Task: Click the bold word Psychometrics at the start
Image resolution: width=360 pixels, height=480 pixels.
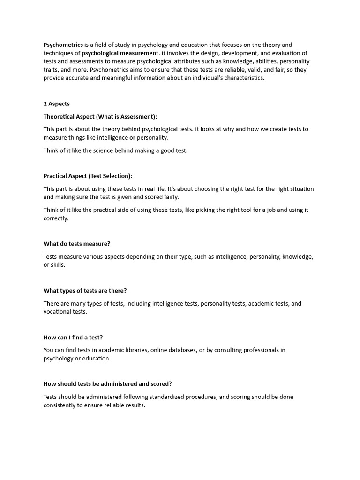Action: tap(63, 45)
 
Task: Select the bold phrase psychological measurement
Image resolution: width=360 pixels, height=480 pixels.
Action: tap(120, 53)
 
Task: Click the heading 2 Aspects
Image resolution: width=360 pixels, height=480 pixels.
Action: tap(56, 104)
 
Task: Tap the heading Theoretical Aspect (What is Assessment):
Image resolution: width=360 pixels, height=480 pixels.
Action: tap(100, 116)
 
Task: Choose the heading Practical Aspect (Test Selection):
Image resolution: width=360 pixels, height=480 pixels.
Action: tap(88, 176)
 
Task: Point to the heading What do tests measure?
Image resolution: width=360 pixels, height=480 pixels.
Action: tap(77, 244)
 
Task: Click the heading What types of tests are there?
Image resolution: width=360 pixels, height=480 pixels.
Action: tap(85, 291)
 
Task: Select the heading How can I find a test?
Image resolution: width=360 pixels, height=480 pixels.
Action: tap(73, 337)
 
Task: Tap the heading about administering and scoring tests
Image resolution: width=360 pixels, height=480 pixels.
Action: tap(107, 383)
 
